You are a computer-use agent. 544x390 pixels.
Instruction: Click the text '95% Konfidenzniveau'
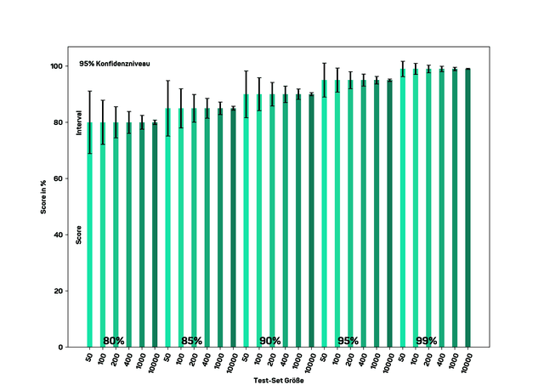pyautogui.click(x=114, y=63)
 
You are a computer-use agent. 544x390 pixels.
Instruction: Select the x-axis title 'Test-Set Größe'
pyautogui.click(x=279, y=380)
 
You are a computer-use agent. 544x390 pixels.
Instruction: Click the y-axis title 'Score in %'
pyautogui.click(x=42, y=206)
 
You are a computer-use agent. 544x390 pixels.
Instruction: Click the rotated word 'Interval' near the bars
pyautogui.click(x=79, y=122)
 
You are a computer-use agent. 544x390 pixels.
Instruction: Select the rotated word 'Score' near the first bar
pyautogui.click(x=79, y=234)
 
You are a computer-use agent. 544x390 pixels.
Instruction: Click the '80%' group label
pyautogui.click(x=113, y=341)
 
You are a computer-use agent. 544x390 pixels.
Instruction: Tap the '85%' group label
pyautogui.click(x=191, y=341)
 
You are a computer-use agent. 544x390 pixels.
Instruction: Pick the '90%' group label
pyautogui.click(x=269, y=341)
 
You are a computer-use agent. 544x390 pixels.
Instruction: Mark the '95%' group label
pyautogui.click(x=348, y=341)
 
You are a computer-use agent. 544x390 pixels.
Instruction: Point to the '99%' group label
pyautogui.click(x=426, y=341)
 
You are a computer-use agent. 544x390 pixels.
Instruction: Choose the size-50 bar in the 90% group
pyautogui.click(x=246, y=221)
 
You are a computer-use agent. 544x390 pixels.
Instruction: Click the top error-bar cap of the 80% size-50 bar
pyautogui.click(x=89, y=91)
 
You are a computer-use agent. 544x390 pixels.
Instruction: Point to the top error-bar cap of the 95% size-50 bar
pyautogui.click(x=325, y=63)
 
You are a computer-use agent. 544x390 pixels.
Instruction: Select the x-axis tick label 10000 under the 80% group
pyautogui.click(x=153, y=362)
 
